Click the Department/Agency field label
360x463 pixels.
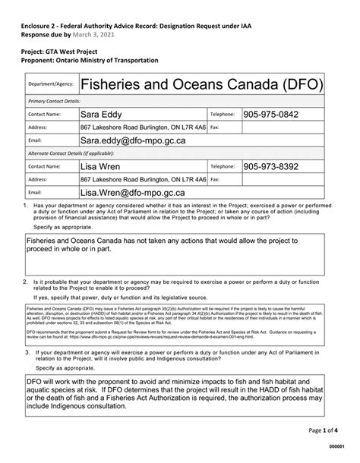[50, 84]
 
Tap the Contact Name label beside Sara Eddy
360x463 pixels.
[44, 115]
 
